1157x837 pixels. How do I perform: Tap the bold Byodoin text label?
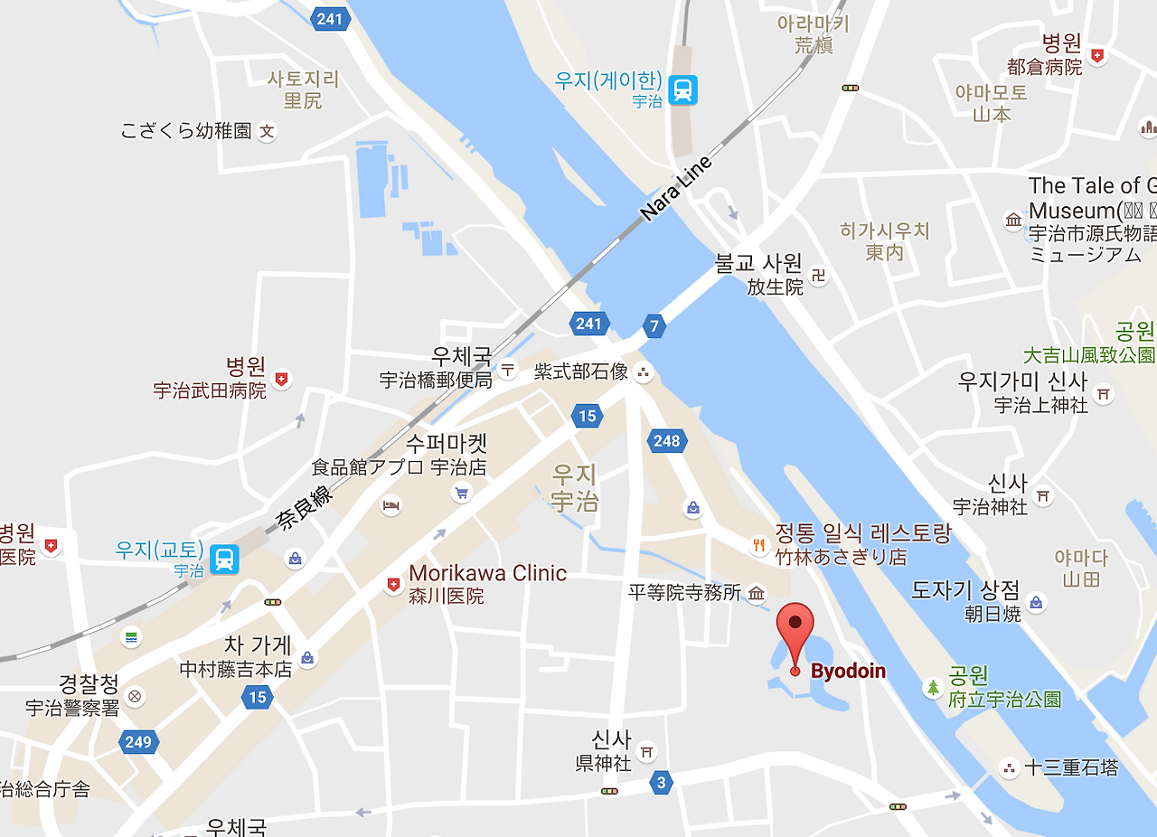(848, 672)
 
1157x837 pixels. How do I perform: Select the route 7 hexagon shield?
(654, 325)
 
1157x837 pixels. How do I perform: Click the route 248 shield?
(667, 441)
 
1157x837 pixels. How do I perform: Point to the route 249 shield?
(138, 742)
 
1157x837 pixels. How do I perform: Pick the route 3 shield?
(662, 783)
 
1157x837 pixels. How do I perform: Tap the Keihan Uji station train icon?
(684, 89)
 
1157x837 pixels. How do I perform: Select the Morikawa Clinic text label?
(487, 573)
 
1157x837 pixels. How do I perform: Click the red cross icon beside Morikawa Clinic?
(393, 586)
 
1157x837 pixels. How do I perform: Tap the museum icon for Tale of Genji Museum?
(1013, 220)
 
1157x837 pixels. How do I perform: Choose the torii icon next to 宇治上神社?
(1103, 394)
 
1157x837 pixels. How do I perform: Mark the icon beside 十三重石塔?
(1009, 767)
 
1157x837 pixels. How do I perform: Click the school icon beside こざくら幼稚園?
(267, 132)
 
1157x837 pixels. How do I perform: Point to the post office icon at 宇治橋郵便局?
(508, 369)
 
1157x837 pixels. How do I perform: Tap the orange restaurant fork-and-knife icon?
(758, 545)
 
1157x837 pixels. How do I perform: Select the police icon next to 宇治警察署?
(135, 696)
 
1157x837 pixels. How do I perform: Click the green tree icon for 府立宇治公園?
(933, 687)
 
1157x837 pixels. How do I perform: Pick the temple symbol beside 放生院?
(819, 275)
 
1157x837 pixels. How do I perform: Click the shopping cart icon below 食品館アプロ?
(462, 493)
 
